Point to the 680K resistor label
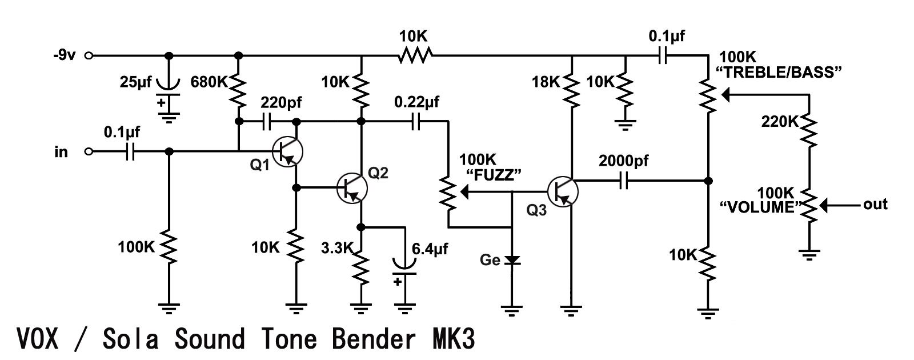[209, 82]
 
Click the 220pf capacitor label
[281, 103]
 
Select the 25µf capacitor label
[136, 82]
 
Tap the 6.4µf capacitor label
[430, 249]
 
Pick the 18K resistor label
[546, 82]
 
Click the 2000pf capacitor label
[624, 161]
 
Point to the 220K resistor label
[780, 122]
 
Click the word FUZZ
[495, 175]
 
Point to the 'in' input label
[61, 152]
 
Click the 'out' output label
[875, 205]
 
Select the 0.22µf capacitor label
[416, 103]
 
